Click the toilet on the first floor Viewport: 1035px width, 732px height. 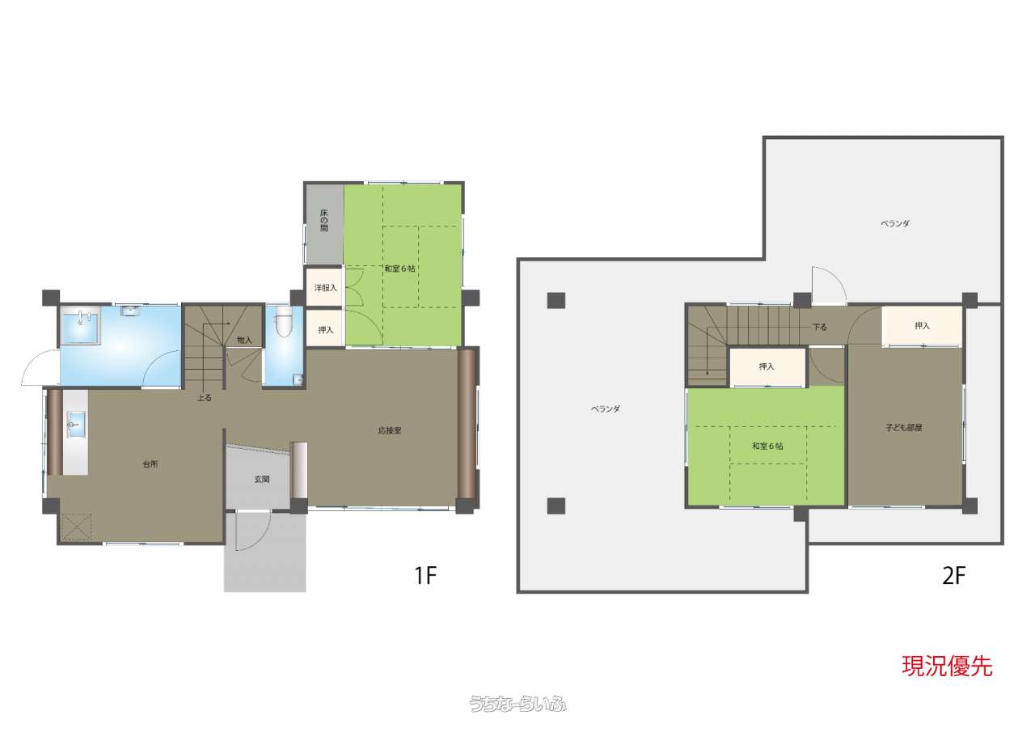(283, 323)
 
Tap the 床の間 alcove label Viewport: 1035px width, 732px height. (324, 221)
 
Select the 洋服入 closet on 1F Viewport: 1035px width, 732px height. (325, 287)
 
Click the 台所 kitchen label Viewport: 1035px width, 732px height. (150, 464)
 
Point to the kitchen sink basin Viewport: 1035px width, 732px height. (75, 423)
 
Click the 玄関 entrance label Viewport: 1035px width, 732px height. (261, 479)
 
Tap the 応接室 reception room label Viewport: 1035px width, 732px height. (390, 430)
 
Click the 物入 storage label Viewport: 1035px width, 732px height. (244, 341)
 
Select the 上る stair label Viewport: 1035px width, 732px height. (205, 397)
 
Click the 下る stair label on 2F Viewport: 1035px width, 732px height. (820, 327)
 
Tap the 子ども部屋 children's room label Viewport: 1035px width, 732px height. (904, 427)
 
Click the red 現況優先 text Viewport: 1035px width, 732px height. (947, 666)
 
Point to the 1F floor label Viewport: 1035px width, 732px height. (425, 576)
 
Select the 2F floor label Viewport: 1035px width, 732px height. (954, 576)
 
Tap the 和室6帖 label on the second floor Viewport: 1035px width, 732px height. (767, 446)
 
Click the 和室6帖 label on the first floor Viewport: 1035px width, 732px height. (399, 269)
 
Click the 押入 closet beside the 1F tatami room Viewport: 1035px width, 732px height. (325, 328)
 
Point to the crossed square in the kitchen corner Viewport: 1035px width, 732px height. (77, 527)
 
